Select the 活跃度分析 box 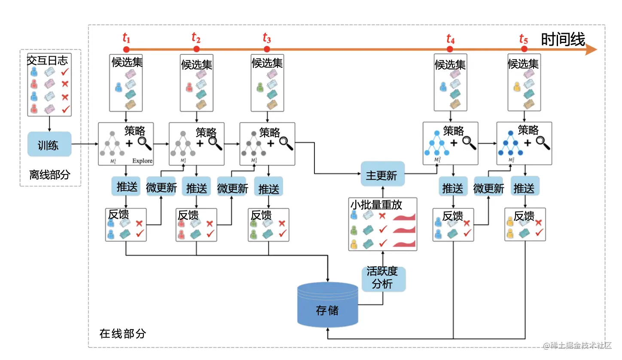(x=382, y=278)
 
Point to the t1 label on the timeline (x=126, y=38)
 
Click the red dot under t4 (x=450, y=49)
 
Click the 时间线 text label (x=563, y=40)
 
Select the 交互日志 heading (x=48, y=60)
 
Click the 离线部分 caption (x=49, y=175)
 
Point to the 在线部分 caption (x=123, y=333)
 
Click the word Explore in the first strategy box (x=142, y=161)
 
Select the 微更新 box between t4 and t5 (x=489, y=188)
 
